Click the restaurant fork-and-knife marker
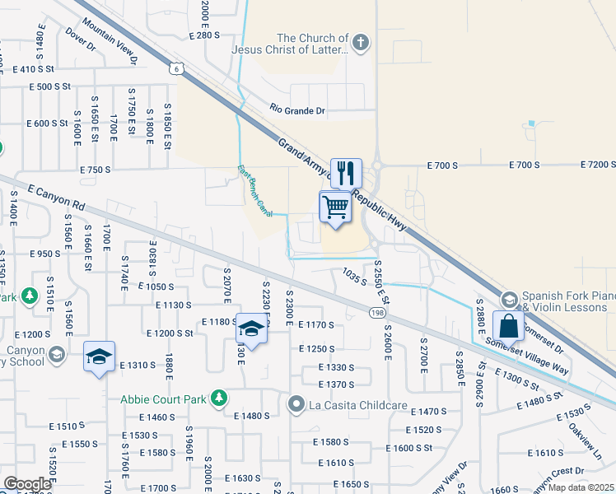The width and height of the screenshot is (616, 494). pos(346,174)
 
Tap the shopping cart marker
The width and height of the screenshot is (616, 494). pos(336,207)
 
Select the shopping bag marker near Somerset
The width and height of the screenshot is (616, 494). pos(509,327)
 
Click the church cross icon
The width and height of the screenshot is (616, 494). pos(359,42)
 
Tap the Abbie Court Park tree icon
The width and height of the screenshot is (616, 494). pos(218,398)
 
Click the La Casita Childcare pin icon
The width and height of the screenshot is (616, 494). pos(296,403)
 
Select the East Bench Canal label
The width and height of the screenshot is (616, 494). pos(255,192)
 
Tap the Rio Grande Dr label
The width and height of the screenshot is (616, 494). pos(297,110)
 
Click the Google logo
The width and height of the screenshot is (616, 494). pos(27,484)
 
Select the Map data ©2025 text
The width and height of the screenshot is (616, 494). pos(580,487)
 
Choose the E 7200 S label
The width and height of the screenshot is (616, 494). pos(597,165)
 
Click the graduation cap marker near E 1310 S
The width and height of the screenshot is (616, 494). pos(99,357)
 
